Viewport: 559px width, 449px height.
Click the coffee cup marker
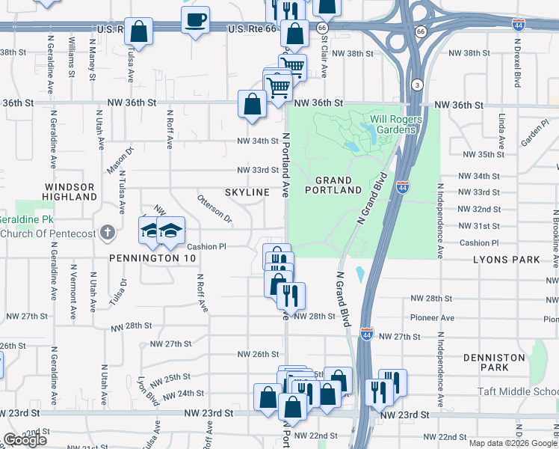(196, 20)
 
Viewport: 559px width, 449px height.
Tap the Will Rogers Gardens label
(395, 124)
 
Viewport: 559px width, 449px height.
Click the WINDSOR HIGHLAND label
(70, 192)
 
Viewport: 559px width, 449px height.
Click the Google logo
(25, 440)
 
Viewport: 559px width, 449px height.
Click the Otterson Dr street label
(214, 209)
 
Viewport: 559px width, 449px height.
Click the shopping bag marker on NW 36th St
(252, 104)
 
